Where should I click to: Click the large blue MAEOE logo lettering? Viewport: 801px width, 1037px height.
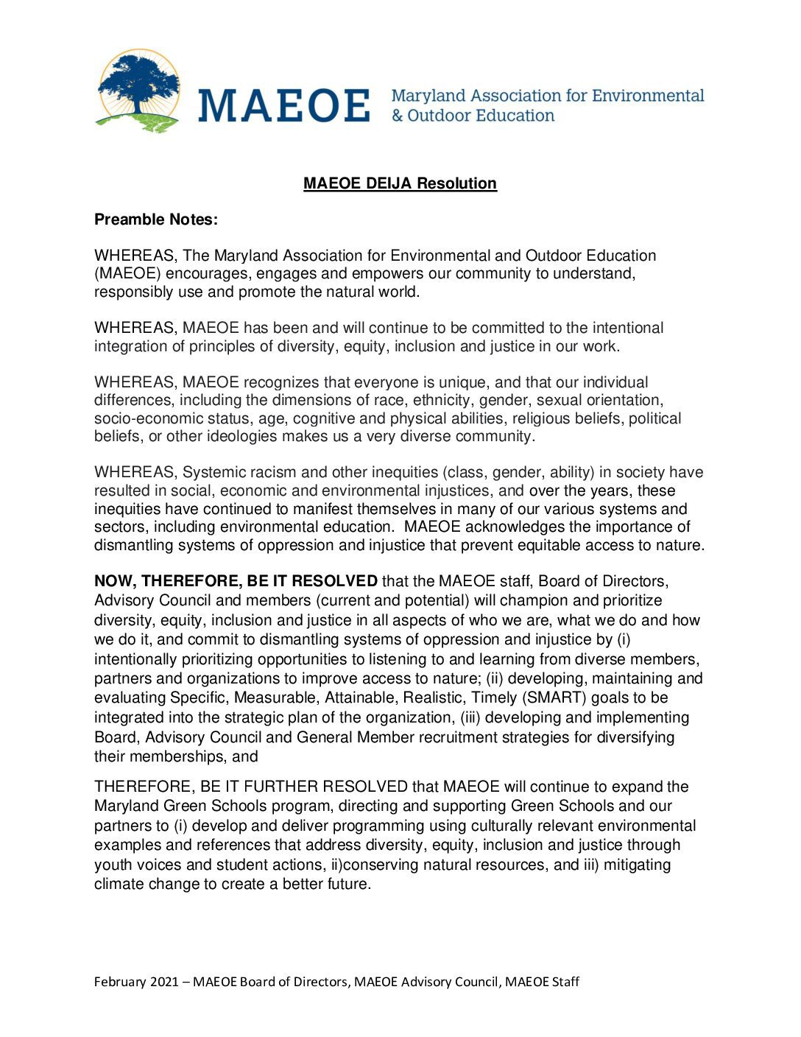(x=283, y=105)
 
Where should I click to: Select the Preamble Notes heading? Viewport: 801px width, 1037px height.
(x=156, y=219)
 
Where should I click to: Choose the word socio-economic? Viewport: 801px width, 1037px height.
(x=147, y=418)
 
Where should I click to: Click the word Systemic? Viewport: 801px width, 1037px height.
(x=211, y=472)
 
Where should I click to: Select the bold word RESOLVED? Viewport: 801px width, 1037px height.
(x=334, y=581)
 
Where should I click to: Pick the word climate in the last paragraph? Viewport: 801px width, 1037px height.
(x=119, y=884)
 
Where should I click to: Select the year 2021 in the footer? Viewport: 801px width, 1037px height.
(x=164, y=982)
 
